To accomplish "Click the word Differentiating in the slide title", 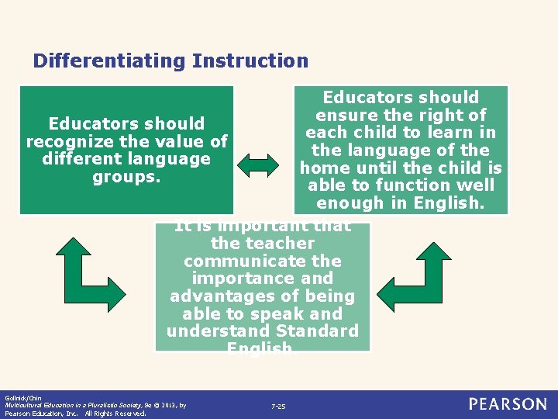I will pos(109,61).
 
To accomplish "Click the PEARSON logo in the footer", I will pos(507,404).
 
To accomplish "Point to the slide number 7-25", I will pos(278,407).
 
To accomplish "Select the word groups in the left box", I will pos(126,177).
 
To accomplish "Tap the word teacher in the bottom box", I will pos(284,244).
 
